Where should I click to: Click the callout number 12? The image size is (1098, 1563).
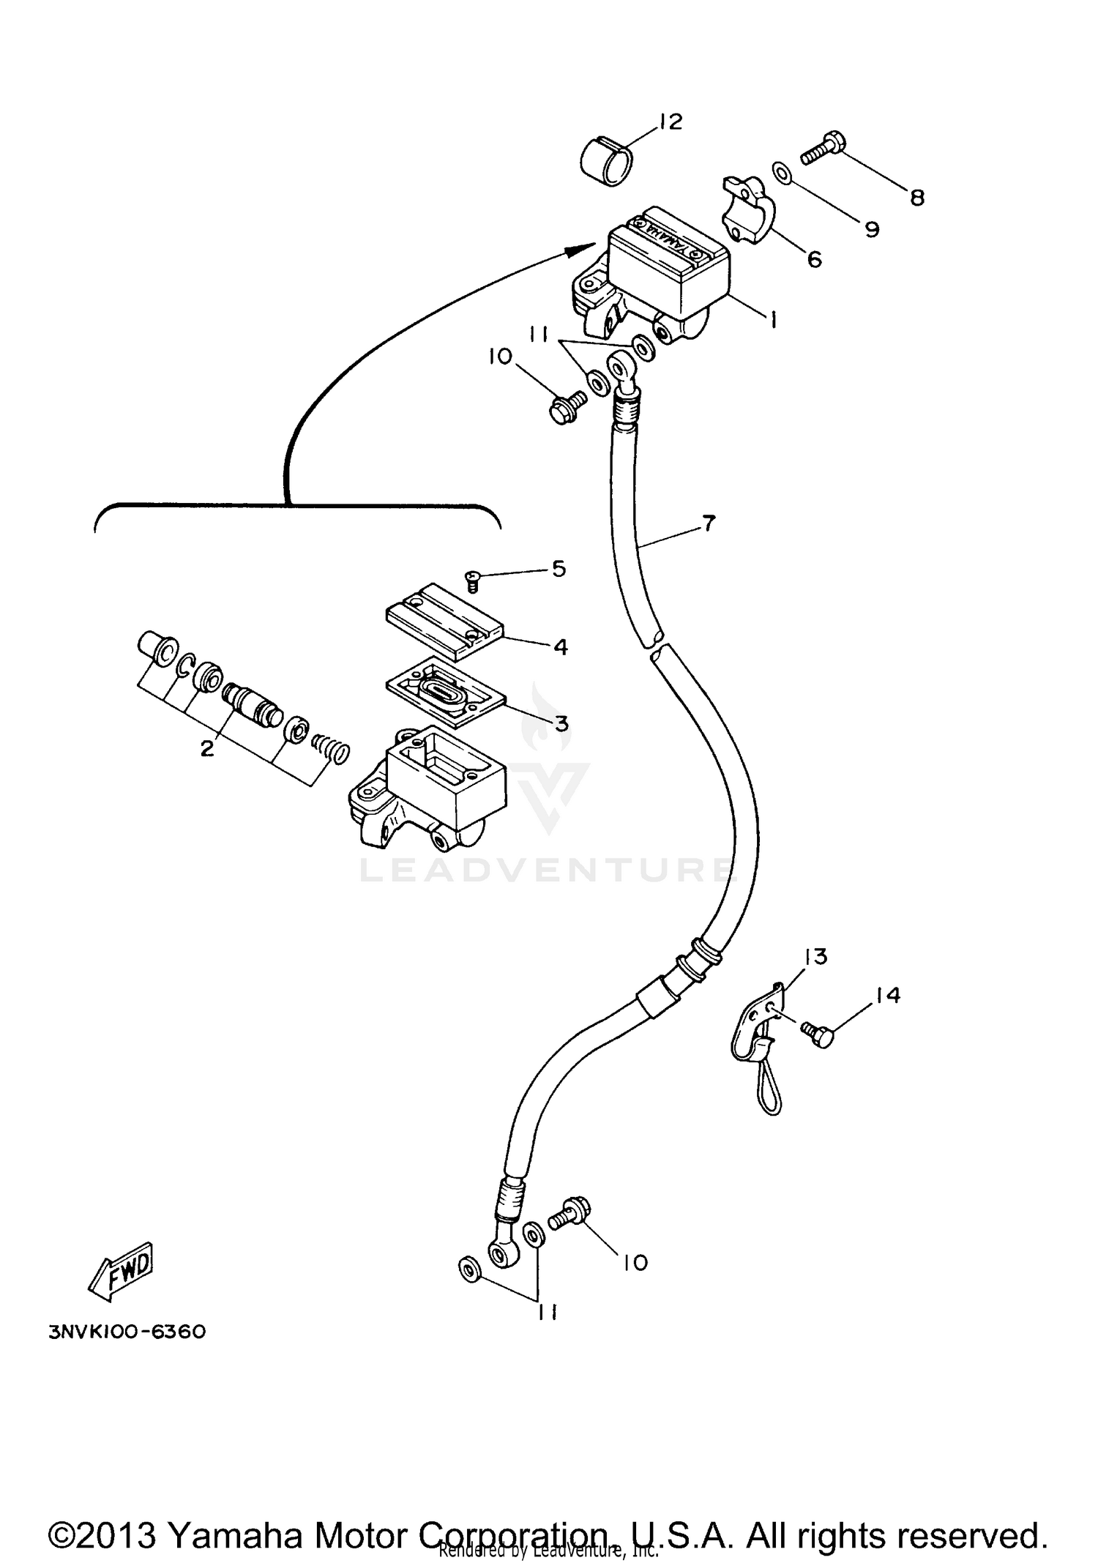tap(670, 122)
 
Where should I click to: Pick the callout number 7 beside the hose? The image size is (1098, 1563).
tap(708, 523)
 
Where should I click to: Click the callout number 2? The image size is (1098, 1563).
tap(207, 748)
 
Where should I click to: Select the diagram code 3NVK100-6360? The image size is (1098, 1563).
tap(127, 1331)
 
